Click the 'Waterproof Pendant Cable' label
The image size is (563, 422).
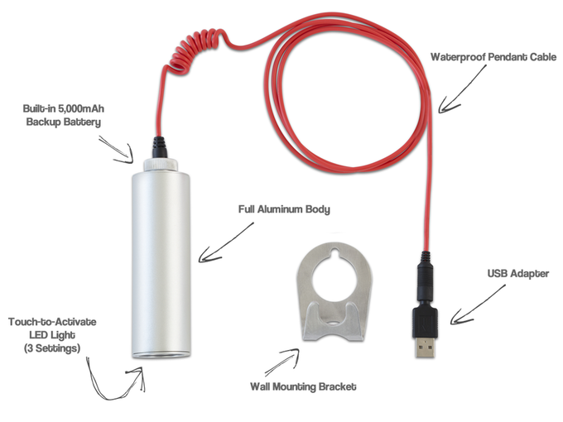coord(488,58)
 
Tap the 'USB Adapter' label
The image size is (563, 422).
coord(517,274)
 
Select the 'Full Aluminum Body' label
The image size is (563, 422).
coord(281,209)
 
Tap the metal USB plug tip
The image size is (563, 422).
coord(425,347)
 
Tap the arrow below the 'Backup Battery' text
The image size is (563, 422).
coord(116,149)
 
